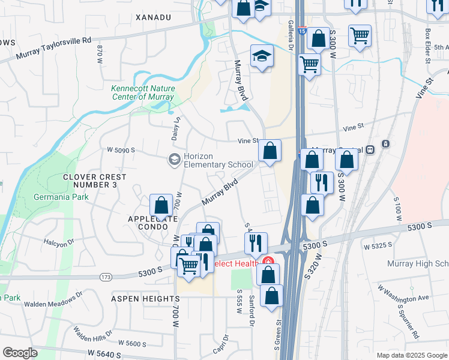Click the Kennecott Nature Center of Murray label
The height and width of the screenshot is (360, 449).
143,92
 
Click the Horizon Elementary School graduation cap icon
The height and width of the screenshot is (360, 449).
174,159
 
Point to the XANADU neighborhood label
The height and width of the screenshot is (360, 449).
154,18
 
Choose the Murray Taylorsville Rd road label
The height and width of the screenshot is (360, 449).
53,48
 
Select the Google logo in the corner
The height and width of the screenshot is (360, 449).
20,353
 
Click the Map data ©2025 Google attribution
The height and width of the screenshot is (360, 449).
411,355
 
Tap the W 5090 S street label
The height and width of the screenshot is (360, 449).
121,150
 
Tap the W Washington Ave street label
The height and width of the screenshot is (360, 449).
403,294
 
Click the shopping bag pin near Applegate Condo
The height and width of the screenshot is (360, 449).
161,205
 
